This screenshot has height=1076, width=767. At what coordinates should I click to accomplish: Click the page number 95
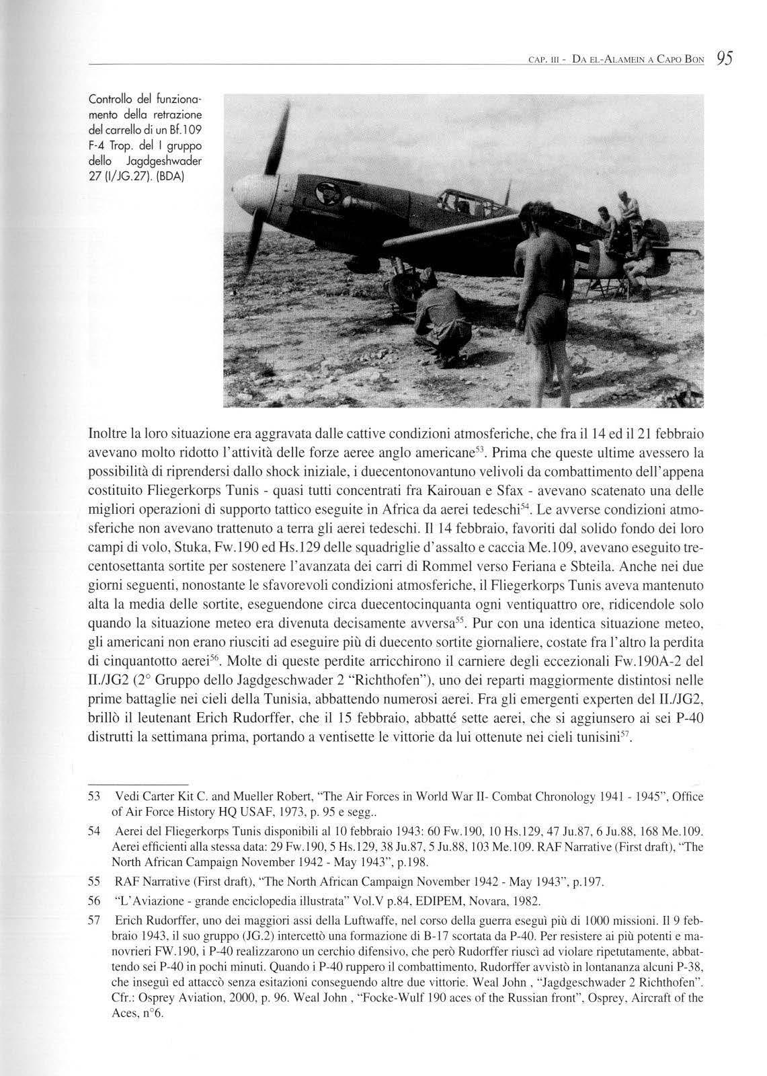(x=725, y=58)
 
